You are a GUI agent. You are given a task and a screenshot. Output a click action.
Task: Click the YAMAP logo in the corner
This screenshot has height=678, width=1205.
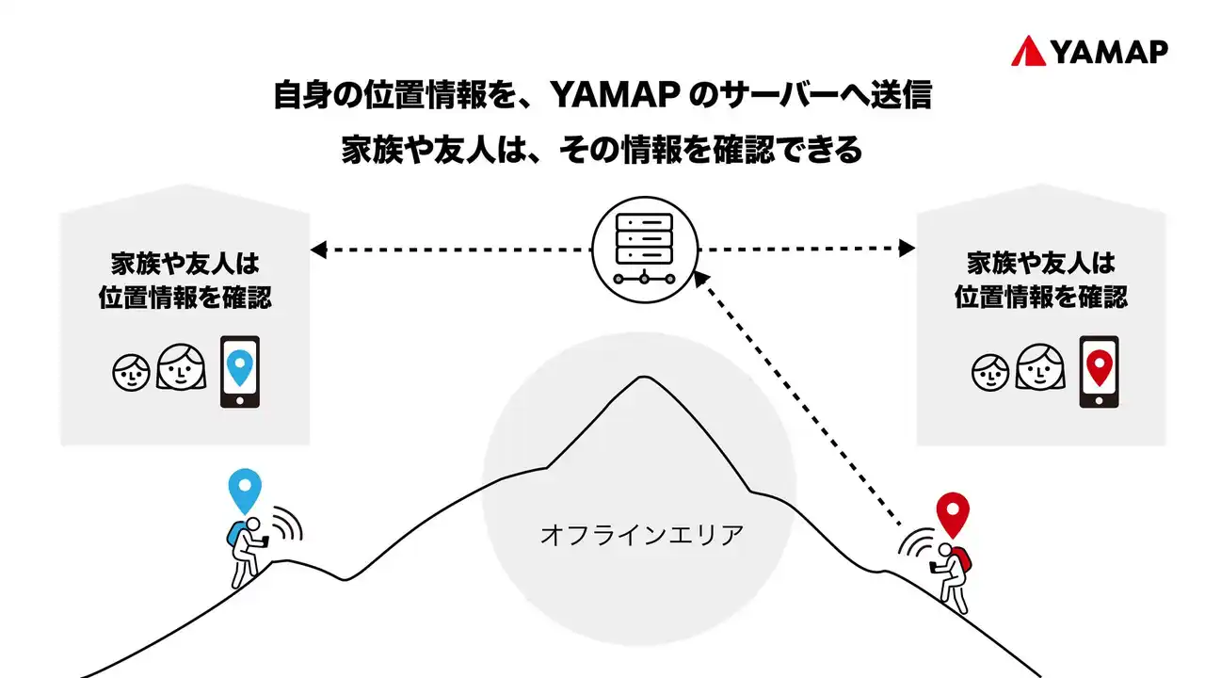(1089, 52)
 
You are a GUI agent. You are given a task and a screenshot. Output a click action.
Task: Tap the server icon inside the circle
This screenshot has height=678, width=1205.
(644, 248)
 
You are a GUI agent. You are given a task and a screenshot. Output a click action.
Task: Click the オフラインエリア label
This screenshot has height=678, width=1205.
(642, 536)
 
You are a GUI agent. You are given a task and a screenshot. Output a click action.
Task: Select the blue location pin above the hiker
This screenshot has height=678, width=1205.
(245, 491)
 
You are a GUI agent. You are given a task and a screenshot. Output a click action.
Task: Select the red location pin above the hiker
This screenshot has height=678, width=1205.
(953, 514)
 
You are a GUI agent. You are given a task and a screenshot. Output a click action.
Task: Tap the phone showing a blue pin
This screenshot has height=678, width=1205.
(239, 372)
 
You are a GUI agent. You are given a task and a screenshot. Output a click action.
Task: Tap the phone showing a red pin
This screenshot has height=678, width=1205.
(1099, 372)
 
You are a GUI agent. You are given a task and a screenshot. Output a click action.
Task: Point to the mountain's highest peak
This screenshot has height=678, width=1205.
(644, 378)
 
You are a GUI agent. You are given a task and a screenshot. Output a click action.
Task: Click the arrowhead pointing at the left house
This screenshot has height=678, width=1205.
(318, 250)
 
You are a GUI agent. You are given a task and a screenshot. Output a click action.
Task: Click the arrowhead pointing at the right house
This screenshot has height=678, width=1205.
(907, 249)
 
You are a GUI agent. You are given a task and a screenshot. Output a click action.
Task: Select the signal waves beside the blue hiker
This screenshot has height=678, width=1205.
(287, 525)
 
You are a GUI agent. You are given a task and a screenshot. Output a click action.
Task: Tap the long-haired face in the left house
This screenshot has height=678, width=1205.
(181, 367)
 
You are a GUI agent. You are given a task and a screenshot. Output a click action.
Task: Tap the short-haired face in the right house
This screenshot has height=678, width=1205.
(989, 372)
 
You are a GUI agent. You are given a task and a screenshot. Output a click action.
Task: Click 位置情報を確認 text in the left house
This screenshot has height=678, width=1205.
(185, 298)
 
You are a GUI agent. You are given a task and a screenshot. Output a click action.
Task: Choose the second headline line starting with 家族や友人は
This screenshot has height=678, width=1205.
(602, 151)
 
